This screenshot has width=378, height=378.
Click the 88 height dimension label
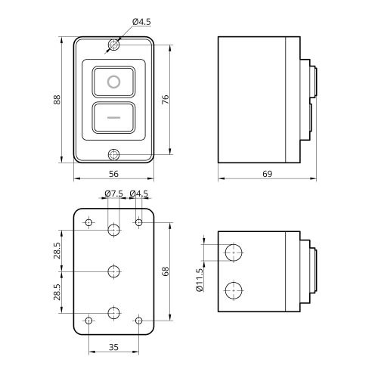(57, 100)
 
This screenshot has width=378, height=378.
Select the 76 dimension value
(165, 100)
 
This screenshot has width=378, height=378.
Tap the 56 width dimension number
(113, 174)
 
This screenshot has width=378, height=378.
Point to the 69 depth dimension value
(268, 174)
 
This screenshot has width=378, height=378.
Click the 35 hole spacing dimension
(113, 347)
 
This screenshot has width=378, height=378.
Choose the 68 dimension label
(166, 271)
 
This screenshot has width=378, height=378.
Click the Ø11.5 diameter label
(199, 280)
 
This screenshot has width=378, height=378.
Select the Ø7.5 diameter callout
(114, 194)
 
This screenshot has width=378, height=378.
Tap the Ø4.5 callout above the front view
(141, 22)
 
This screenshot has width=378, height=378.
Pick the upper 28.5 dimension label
(57, 250)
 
